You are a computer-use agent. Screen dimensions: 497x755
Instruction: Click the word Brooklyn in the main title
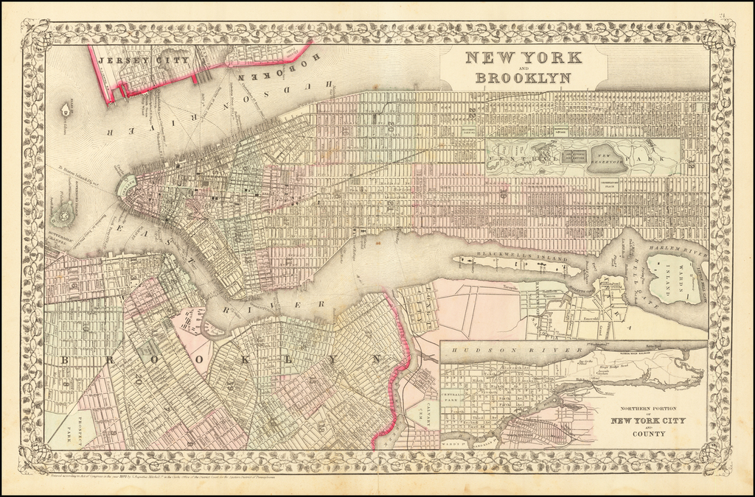(523, 77)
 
